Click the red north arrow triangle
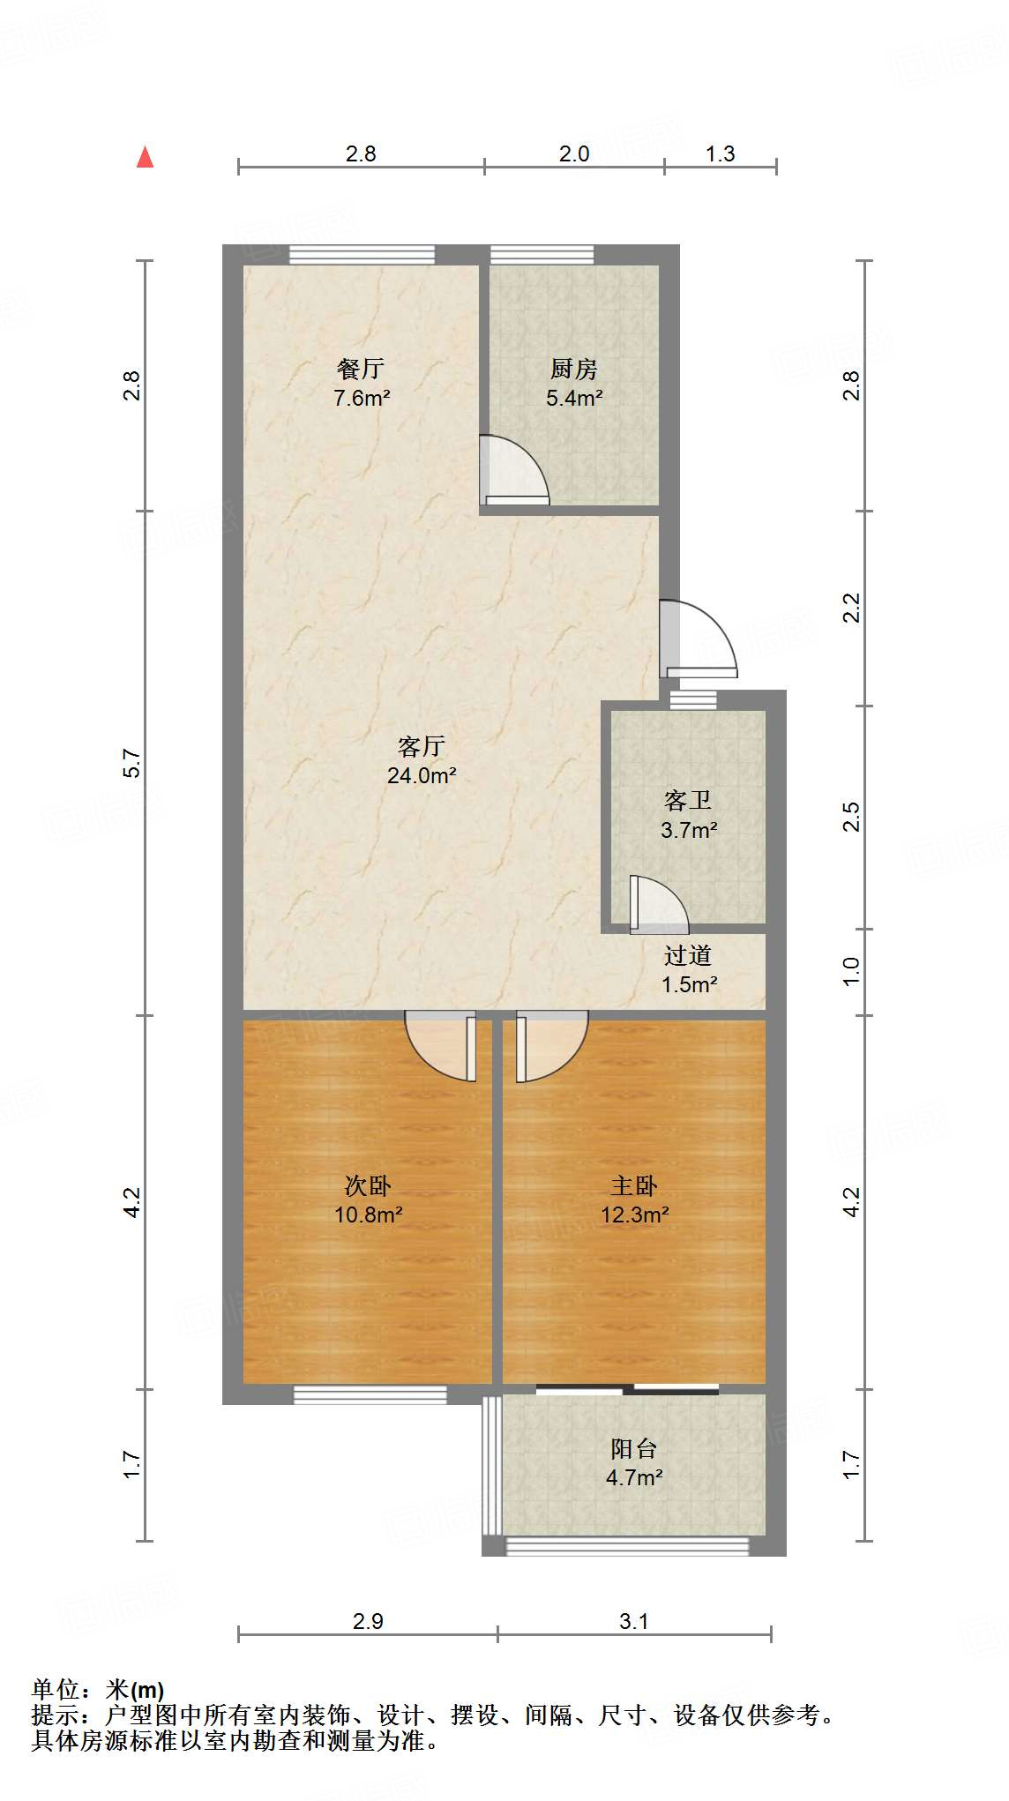(x=146, y=158)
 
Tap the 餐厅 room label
(x=360, y=369)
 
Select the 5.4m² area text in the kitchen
(x=574, y=398)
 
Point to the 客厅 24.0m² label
(x=422, y=761)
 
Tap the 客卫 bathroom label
(x=688, y=801)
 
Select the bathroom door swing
(x=658, y=904)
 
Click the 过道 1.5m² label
(x=689, y=969)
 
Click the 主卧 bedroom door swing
(x=551, y=1047)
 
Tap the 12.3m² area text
(x=635, y=1214)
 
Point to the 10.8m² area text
(x=369, y=1214)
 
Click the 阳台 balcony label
(x=633, y=1448)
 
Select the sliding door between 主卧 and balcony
(x=627, y=1390)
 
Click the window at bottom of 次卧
(x=370, y=1394)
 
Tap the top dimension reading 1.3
(x=720, y=154)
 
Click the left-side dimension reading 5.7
(x=131, y=763)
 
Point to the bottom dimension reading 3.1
(x=634, y=1621)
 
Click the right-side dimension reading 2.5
(x=851, y=817)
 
